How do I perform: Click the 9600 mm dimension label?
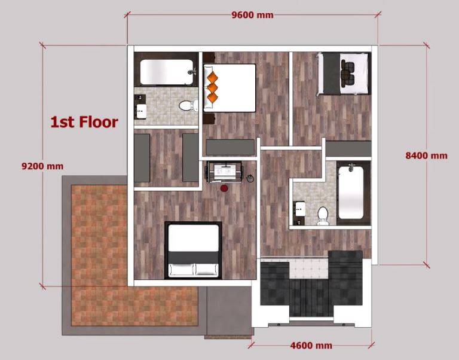(x=252, y=14)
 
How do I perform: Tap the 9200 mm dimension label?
(x=42, y=166)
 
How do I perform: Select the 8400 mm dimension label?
(x=426, y=155)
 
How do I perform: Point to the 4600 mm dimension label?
(x=311, y=346)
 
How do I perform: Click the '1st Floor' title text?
(x=84, y=122)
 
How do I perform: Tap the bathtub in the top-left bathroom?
(x=167, y=72)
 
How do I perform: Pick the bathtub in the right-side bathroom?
(x=351, y=192)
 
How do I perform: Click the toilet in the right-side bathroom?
(x=323, y=216)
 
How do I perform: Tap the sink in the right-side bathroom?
(x=300, y=209)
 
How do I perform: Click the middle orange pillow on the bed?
(x=213, y=87)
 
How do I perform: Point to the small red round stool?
(x=224, y=188)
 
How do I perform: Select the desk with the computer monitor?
(x=224, y=172)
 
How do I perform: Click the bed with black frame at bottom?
(x=193, y=250)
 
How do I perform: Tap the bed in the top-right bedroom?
(x=343, y=74)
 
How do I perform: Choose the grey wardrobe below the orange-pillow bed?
(x=230, y=147)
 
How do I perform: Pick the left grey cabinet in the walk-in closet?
(x=142, y=158)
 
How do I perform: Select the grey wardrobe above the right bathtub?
(x=348, y=149)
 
